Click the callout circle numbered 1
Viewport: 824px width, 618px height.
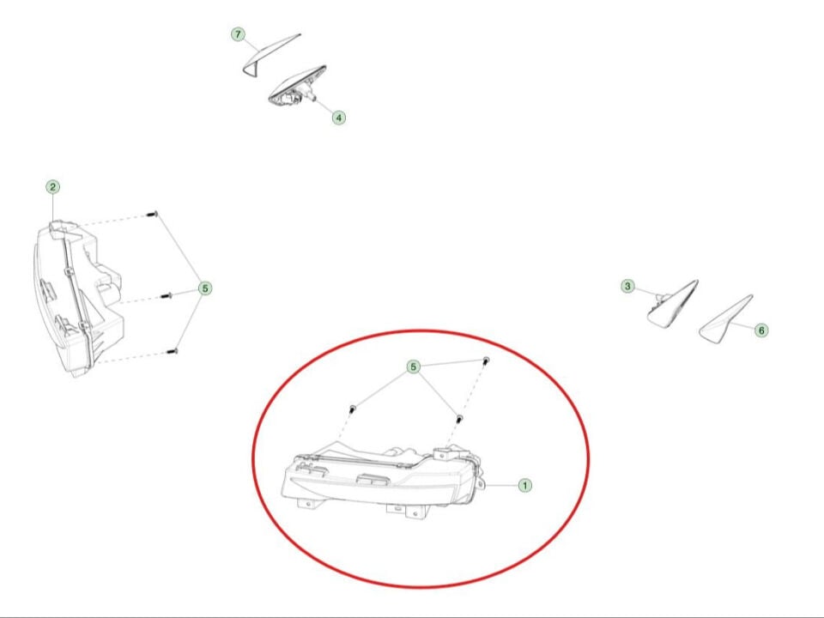click(524, 485)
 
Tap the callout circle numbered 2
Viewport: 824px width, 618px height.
click(52, 186)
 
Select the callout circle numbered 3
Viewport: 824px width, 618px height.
click(627, 286)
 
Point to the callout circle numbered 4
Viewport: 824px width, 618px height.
click(339, 118)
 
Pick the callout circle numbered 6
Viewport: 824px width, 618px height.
click(761, 330)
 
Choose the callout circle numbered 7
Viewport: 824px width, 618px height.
click(238, 34)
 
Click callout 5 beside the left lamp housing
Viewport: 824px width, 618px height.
click(205, 288)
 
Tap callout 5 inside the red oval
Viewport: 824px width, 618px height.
click(414, 367)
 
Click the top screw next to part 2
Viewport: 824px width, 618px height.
click(153, 214)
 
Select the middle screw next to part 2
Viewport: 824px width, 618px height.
click(167, 296)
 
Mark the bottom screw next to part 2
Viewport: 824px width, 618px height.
click(173, 351)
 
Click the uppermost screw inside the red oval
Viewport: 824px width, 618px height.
click(486, 361)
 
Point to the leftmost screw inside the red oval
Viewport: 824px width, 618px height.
click(352, 408)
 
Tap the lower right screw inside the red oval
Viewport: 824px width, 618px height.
click(458, 419)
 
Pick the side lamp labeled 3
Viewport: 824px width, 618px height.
click(673, 306)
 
